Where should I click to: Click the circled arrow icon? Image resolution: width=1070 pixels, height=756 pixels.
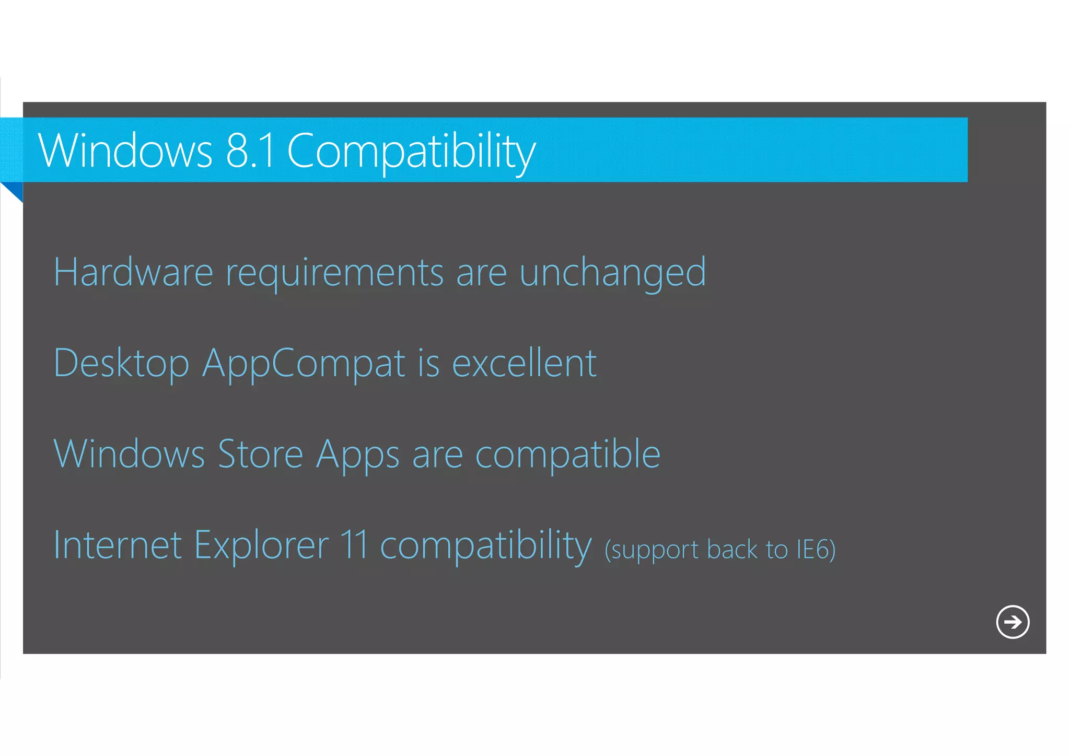pos(1013,622)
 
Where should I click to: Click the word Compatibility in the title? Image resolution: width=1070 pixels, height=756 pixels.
pos(411,152)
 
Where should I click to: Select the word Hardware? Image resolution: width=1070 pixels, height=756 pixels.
pos(134,272)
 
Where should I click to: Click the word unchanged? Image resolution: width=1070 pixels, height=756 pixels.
pos(612,273)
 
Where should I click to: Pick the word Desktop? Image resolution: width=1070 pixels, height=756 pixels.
pos(121,364)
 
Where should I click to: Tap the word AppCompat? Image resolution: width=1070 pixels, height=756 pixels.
pos(304,364)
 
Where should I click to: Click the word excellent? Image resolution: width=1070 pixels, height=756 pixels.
pos(524,363)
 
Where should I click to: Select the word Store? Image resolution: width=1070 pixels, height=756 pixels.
pos(260,453)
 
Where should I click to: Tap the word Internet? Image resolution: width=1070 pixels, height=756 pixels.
pos(118,544)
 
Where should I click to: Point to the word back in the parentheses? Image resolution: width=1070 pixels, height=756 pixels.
pos(731,550)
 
